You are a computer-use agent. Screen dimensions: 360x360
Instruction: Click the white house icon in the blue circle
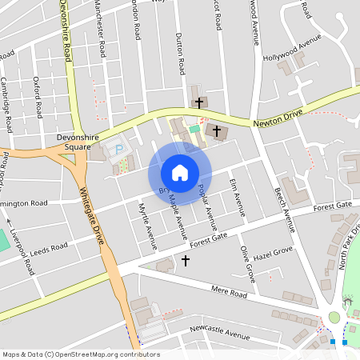180,173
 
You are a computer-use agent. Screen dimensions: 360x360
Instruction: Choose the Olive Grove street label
248,264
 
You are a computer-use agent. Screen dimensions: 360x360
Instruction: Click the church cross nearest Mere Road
186,260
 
